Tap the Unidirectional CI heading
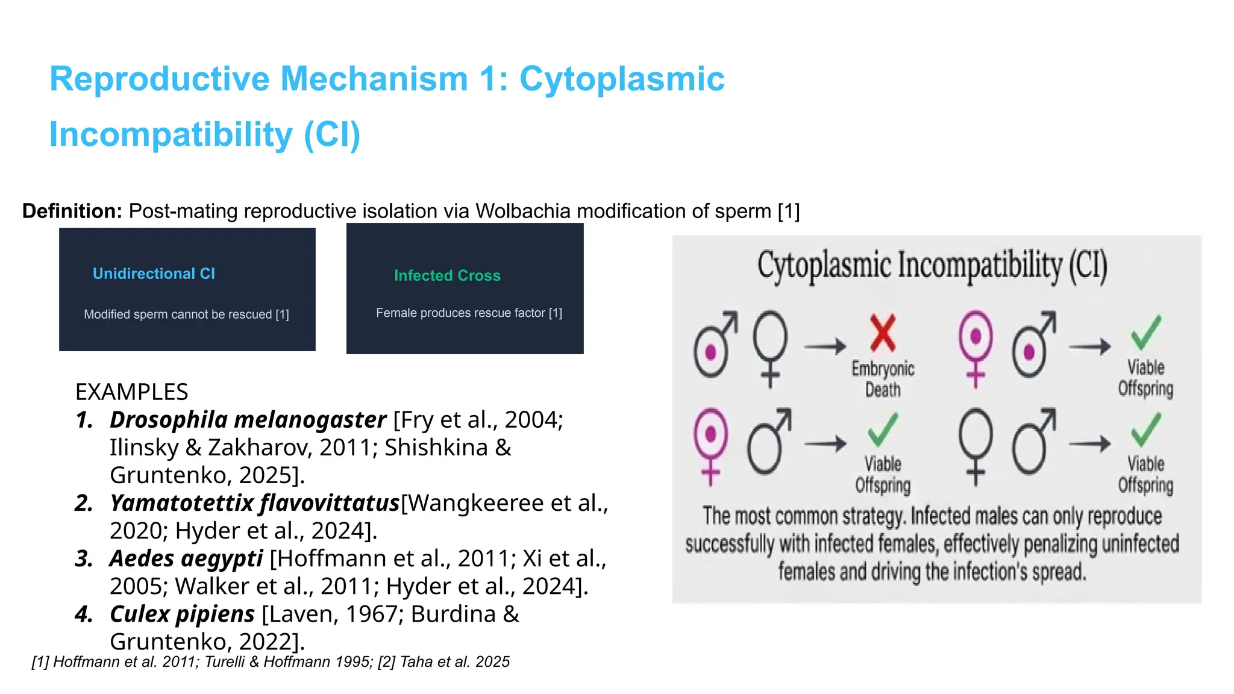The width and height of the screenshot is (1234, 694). tap(154, 274)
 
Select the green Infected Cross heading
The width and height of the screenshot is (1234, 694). tap(447, 276)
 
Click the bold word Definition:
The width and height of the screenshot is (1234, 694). tap(72, 211)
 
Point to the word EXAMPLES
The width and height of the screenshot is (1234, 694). tap(131, 392)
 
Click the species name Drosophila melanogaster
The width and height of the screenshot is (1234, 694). tap(248, 420)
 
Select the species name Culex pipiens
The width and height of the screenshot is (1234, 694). tap(182, 614)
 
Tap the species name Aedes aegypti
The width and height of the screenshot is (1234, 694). tap(186, 559)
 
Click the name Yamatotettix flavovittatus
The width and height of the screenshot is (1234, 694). tap(254, 503)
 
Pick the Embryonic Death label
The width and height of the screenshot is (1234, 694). tap(883, 379)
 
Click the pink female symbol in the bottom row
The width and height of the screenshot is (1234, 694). tap(710, 445)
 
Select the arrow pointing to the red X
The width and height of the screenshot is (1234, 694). tap(824, 346)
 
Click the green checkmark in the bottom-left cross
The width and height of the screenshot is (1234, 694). tap(883, 429)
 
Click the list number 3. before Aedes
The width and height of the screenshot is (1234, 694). tap(84, 559)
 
